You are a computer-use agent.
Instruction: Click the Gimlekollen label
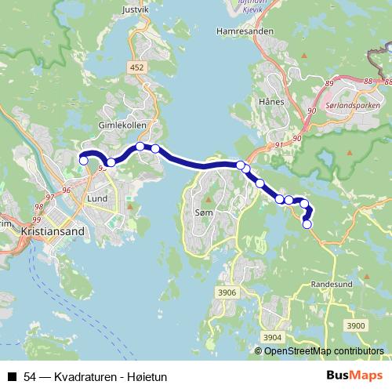coord(118,125)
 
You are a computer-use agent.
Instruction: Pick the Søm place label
coord(203,212)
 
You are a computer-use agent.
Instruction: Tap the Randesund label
coord(333,284)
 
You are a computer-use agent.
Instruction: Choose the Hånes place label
coord(270,102)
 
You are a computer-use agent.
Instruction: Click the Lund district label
coord(97,199)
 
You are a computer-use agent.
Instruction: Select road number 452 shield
coord(138,68)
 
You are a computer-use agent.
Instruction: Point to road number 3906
coord(227,292)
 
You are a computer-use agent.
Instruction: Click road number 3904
coord(272,337)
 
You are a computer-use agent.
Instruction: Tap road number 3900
coord(356,325)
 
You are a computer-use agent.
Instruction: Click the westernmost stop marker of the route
coord(84,161)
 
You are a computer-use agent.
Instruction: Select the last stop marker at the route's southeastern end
coord(307,224)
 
